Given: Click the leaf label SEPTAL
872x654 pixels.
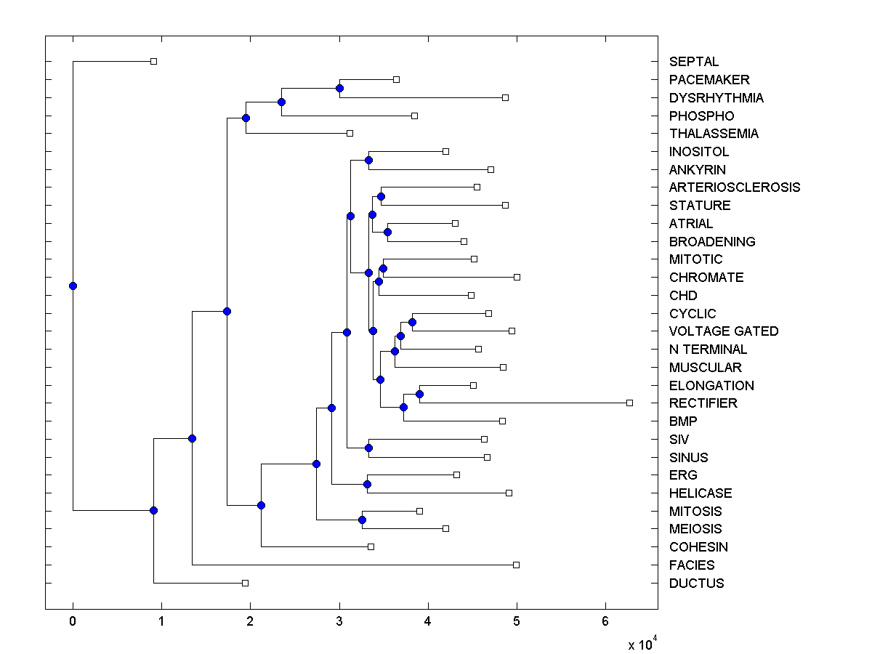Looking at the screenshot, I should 693,62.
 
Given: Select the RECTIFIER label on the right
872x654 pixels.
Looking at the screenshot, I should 703,403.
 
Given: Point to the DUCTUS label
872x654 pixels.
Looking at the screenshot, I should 696,583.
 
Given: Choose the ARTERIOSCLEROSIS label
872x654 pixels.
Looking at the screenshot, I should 734,187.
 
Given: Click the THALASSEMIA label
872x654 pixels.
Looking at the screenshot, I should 713,134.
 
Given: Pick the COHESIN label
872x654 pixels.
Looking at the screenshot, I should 698,547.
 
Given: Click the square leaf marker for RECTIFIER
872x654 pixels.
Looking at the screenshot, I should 629,403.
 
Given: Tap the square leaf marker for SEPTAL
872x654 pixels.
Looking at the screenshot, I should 153,61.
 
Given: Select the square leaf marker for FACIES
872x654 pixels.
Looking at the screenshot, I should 516,565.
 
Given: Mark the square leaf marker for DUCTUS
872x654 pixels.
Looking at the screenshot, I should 245,583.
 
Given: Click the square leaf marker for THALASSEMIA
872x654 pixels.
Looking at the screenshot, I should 350,133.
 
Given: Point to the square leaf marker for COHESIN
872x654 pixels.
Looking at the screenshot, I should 371,546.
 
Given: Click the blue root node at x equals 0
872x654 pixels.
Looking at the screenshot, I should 73,286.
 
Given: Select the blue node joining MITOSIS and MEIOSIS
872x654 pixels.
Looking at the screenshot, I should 362,520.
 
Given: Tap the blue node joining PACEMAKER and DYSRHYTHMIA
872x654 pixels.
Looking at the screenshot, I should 339,88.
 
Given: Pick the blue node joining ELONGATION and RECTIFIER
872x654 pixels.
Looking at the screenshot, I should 419,394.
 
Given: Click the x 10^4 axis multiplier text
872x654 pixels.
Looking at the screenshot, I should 642,644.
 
